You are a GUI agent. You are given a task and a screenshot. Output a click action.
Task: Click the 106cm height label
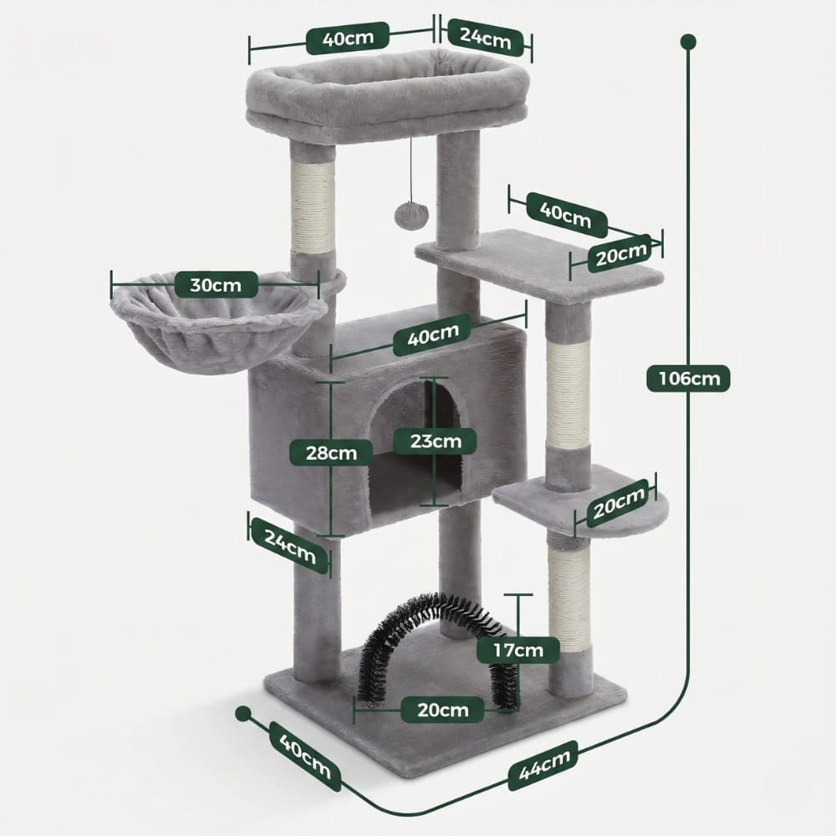point(688,379)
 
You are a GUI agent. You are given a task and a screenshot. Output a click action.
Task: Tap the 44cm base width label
point(543,765)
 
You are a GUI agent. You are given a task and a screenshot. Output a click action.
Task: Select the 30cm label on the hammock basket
point(216,285)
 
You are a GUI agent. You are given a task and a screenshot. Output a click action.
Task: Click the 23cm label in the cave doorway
point(435,441)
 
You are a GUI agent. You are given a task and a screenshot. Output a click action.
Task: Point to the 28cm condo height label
point(331,452)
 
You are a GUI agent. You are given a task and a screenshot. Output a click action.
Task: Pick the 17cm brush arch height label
point(517,650)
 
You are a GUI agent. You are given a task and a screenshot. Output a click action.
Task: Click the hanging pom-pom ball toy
point(411,214)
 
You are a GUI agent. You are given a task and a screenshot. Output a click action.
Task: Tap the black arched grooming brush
point(439,647)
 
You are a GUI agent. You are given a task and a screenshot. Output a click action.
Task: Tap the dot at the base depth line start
point(243,713)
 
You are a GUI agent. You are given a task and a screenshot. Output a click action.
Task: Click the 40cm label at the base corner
point(305,756)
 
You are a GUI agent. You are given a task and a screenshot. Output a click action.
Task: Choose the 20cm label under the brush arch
point(442,710)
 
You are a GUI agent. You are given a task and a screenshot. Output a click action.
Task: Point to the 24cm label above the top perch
point(485,38)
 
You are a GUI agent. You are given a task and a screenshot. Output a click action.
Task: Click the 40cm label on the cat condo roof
point(432,335)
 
